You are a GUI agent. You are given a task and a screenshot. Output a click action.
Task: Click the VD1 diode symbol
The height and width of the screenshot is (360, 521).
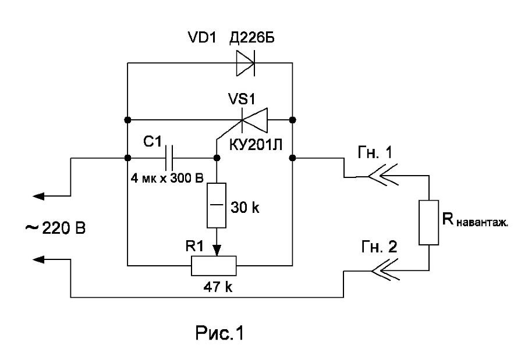point(246,63)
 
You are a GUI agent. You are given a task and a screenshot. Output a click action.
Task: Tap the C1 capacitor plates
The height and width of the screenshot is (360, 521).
point(169,158)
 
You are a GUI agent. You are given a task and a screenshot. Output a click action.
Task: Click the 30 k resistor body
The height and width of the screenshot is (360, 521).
point(217,205)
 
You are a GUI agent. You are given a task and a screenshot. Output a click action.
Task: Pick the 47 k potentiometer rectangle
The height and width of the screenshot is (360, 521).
point(214,266)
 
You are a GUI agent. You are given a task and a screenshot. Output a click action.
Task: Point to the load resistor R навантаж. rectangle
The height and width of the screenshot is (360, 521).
point(428,223)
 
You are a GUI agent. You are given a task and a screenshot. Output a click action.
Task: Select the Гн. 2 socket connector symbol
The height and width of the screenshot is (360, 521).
point(385,270)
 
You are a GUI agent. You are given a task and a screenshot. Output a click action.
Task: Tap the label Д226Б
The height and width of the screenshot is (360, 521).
point(252,38)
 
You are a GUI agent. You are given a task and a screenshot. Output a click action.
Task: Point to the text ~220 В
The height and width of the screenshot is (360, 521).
point(55,228)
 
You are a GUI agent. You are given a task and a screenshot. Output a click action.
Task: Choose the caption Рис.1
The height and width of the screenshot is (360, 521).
point(219,333)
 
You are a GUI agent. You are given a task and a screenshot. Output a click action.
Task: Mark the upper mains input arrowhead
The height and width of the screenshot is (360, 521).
point(38,196)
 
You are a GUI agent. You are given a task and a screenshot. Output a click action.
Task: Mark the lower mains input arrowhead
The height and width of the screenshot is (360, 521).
point(38,259)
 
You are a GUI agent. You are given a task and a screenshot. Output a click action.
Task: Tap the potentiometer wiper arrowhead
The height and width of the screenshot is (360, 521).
point(217,251)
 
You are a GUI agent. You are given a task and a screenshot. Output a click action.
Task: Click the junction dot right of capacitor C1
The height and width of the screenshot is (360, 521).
point(217,158)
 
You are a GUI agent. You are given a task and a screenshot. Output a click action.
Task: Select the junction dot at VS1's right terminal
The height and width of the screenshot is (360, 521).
point(293,120)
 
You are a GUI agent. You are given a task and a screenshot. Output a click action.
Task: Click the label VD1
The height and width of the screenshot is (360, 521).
point(202,38)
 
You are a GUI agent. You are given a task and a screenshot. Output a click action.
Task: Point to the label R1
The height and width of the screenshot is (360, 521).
point(194,247)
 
